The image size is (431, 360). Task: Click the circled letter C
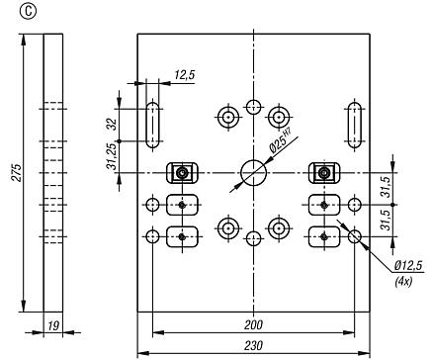tap(12, 13)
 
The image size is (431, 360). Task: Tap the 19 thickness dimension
tap(52, 323)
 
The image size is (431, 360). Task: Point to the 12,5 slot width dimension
tap(184, 74)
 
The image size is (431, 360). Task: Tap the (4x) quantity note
tap(402, 281)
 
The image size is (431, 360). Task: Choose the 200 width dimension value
tap(255, 323)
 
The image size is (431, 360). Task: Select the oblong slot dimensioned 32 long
tap(152, 123)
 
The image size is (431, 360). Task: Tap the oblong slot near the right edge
tap(354, 123)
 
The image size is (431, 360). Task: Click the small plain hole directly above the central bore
tap(254, 107)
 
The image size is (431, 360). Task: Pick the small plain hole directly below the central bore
tap(254, 237)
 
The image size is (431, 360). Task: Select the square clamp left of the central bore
tap(182, 173)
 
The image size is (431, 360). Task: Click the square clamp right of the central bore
tap(324, 173)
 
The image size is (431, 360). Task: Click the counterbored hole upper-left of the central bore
tap(228, 118)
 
